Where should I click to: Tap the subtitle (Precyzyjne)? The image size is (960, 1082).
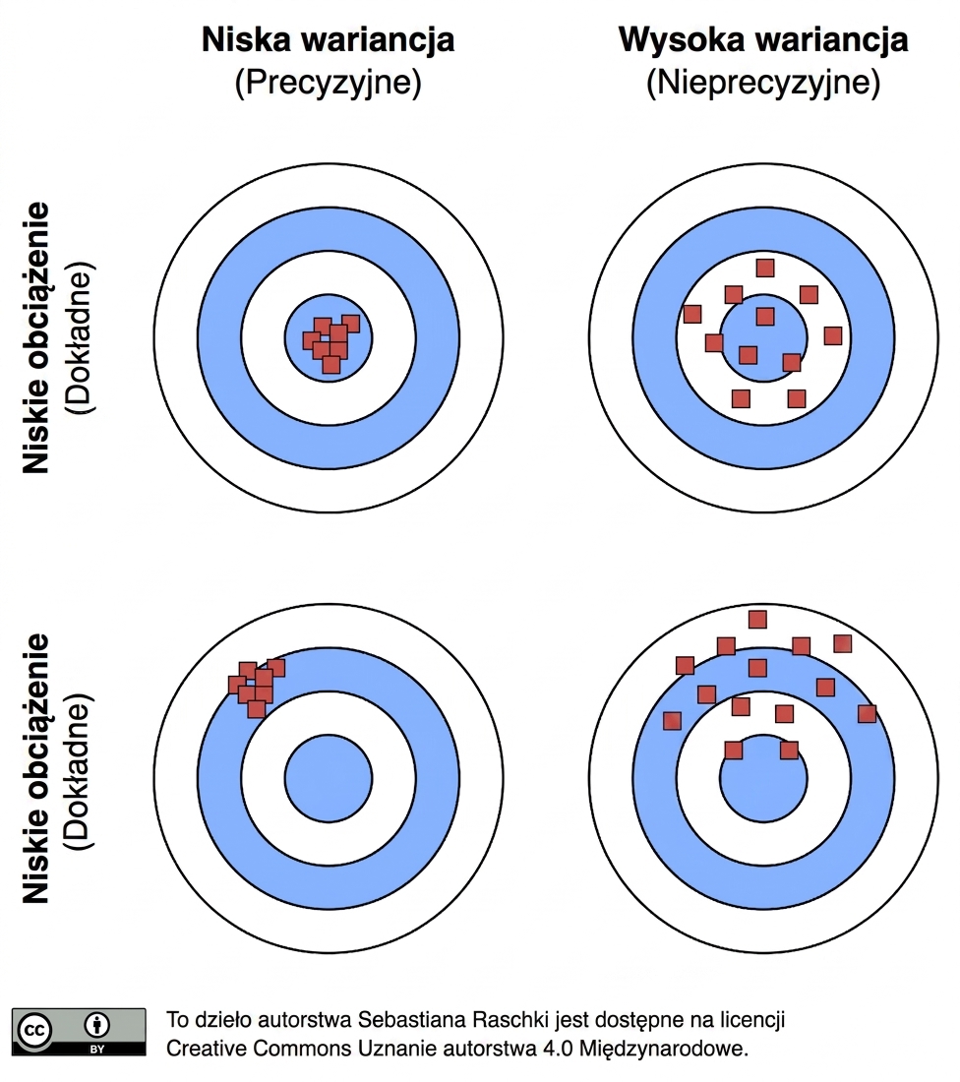click(x=328, y=83)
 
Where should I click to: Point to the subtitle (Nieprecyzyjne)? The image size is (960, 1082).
click(x=763, y=83)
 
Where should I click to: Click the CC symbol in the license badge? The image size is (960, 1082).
click(x=34, y=1031)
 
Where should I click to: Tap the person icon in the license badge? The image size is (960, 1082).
click(x=96, y=1025)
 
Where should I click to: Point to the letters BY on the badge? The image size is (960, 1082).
click(x=96, y=1050)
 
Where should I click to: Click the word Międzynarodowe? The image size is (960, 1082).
click(x=664, y=1050)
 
